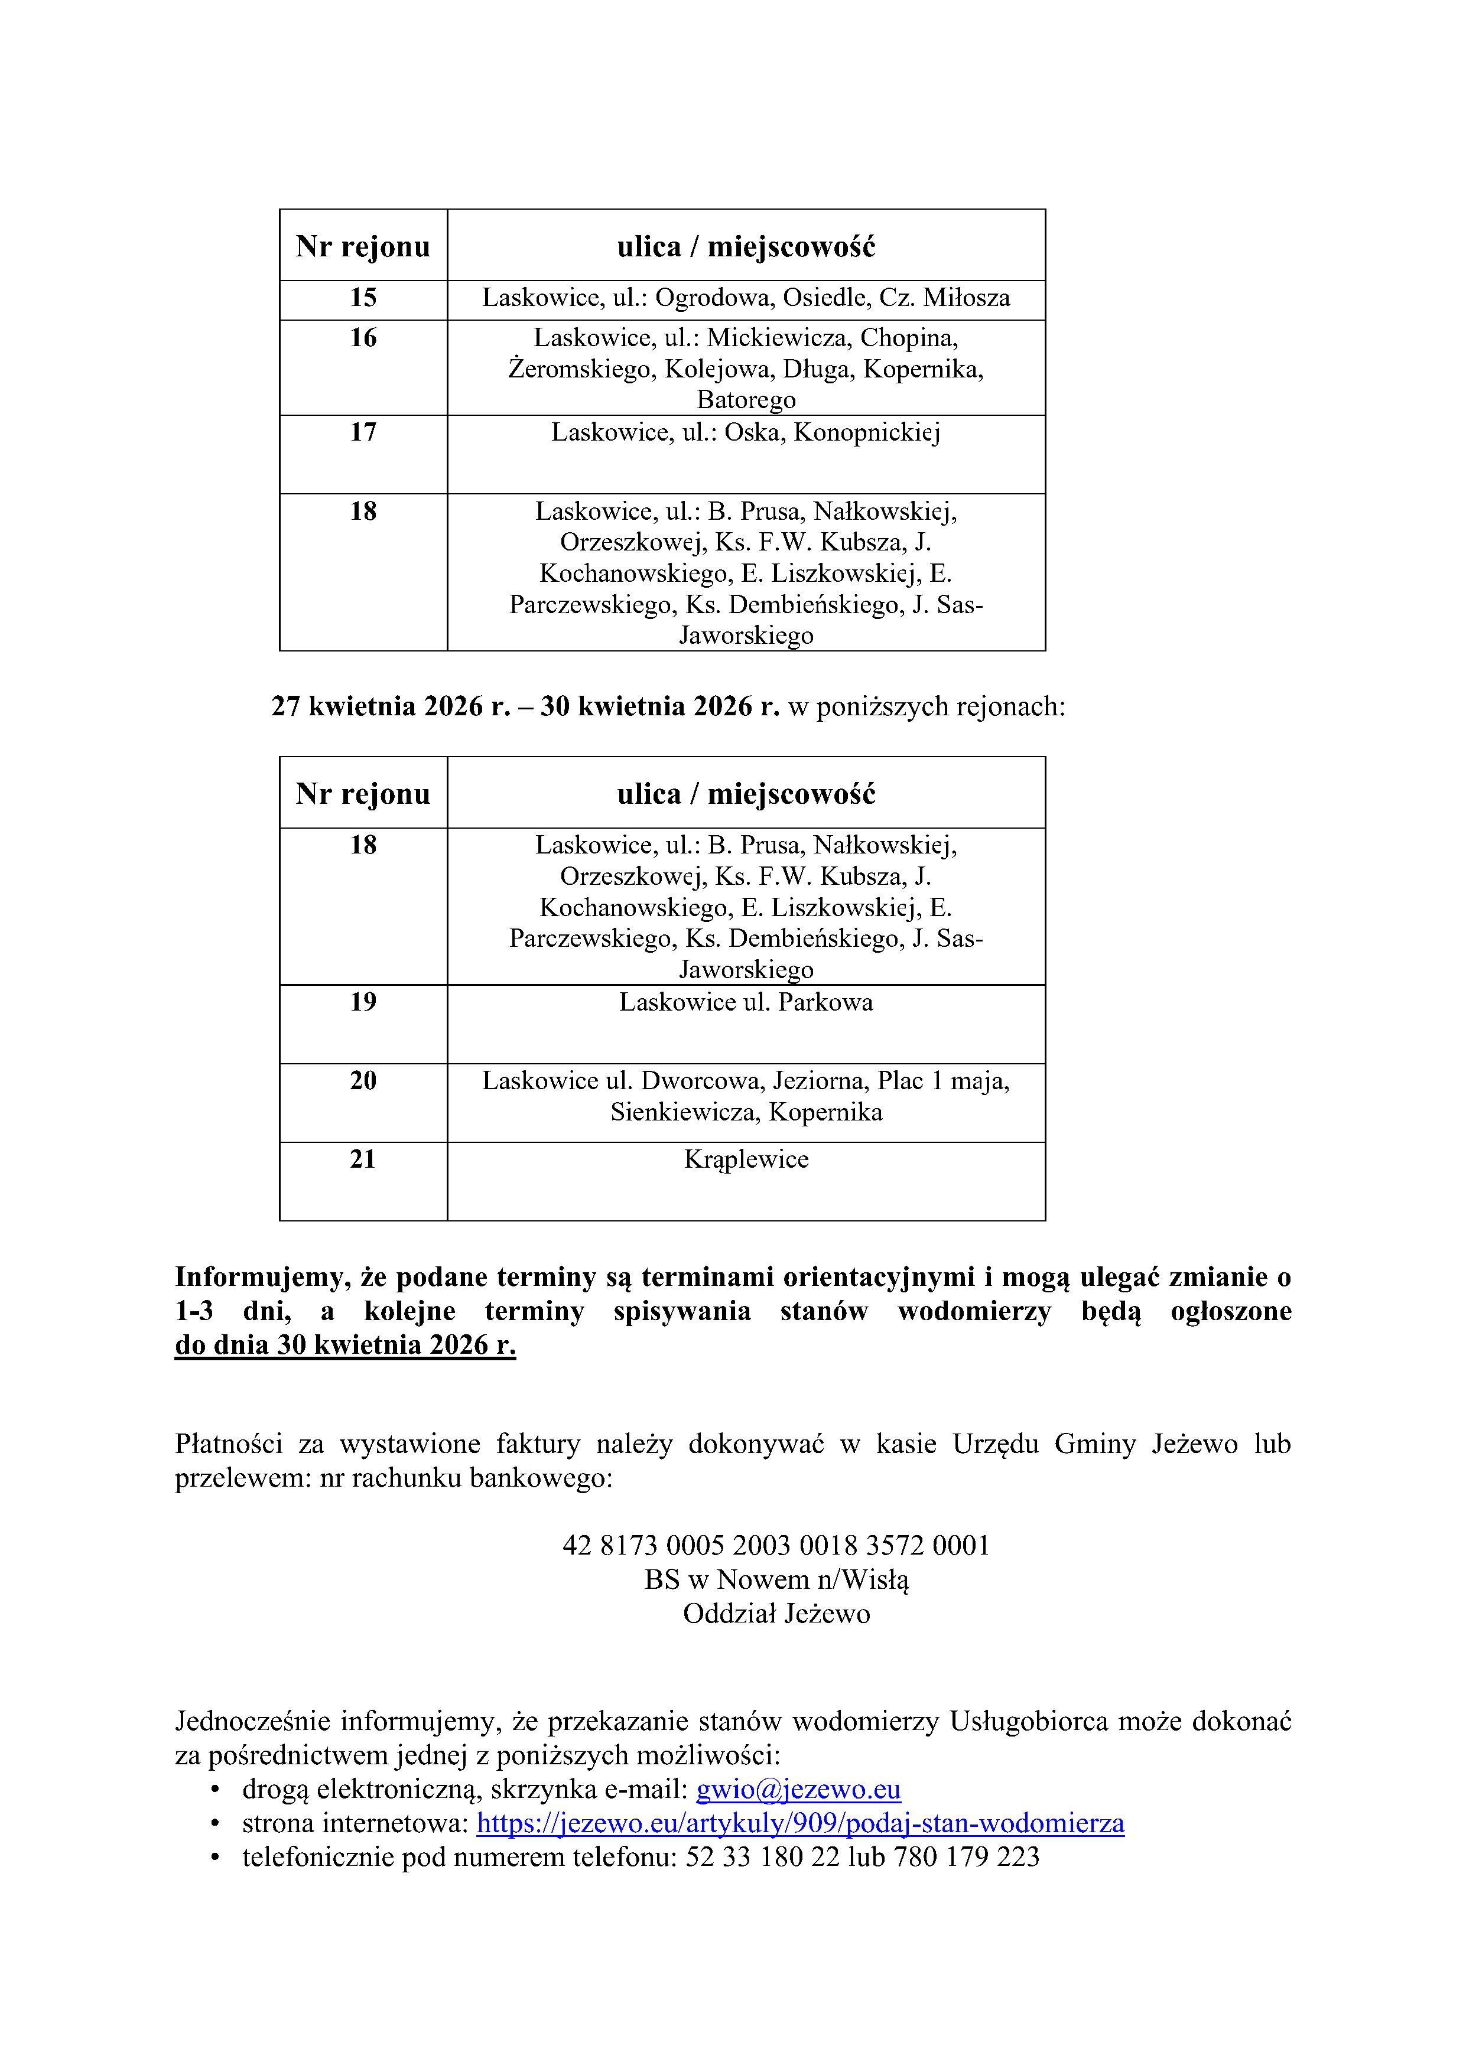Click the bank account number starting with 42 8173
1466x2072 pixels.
point(775,1545)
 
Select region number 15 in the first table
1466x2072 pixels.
point(363,298)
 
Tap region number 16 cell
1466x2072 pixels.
point(363,338)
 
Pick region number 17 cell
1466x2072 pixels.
point(363,432)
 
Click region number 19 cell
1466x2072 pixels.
point(363,1002)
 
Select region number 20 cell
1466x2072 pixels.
point(363,1080)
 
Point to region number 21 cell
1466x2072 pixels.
point(363,1159)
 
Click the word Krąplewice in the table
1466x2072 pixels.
point(746,1159)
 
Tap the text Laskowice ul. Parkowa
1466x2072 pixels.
point(746,1002)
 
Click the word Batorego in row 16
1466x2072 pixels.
point(746,400)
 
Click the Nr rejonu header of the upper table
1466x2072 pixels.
point(363,246)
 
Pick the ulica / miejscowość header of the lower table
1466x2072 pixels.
point(746,794)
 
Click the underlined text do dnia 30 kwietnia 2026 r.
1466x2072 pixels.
point(345,1345)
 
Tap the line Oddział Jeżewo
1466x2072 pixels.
point(775,1614)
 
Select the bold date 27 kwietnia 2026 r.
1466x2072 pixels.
point(391,706)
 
